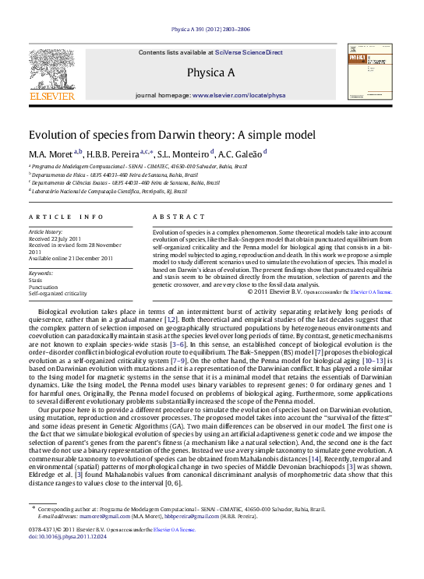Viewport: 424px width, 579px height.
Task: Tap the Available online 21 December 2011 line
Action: (66, 259)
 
